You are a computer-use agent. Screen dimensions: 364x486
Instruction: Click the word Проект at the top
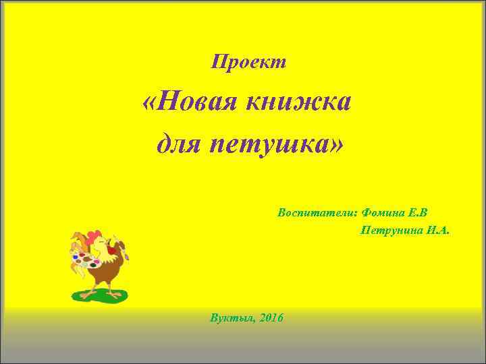(249, 62)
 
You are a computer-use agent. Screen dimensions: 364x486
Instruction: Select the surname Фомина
(383, 212)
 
